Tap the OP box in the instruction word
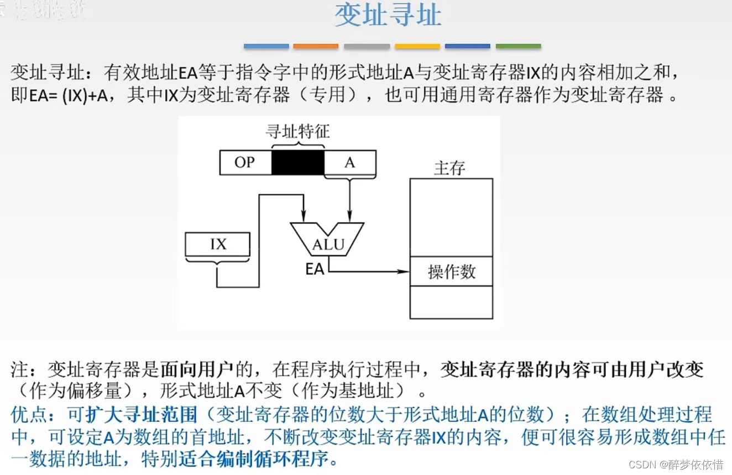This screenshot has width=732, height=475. [245, 163]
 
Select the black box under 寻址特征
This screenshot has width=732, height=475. [297, 163]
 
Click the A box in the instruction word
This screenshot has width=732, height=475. [349, 163]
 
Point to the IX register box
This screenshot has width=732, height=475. [217, 244]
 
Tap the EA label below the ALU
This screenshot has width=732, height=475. [315, 270]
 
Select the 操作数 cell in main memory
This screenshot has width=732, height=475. [451, 271]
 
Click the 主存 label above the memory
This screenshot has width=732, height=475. [449, 168]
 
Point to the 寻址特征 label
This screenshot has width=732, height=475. [297, 132]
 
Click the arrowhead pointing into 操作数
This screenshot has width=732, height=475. [405, 271]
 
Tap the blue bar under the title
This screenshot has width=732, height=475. [266, 46]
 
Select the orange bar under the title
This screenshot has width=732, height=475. [316, 46]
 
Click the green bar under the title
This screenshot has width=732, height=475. [518, 46]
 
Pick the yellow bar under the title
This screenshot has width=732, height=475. [417, 46]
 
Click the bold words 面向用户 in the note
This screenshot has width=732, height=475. [197, 368]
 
